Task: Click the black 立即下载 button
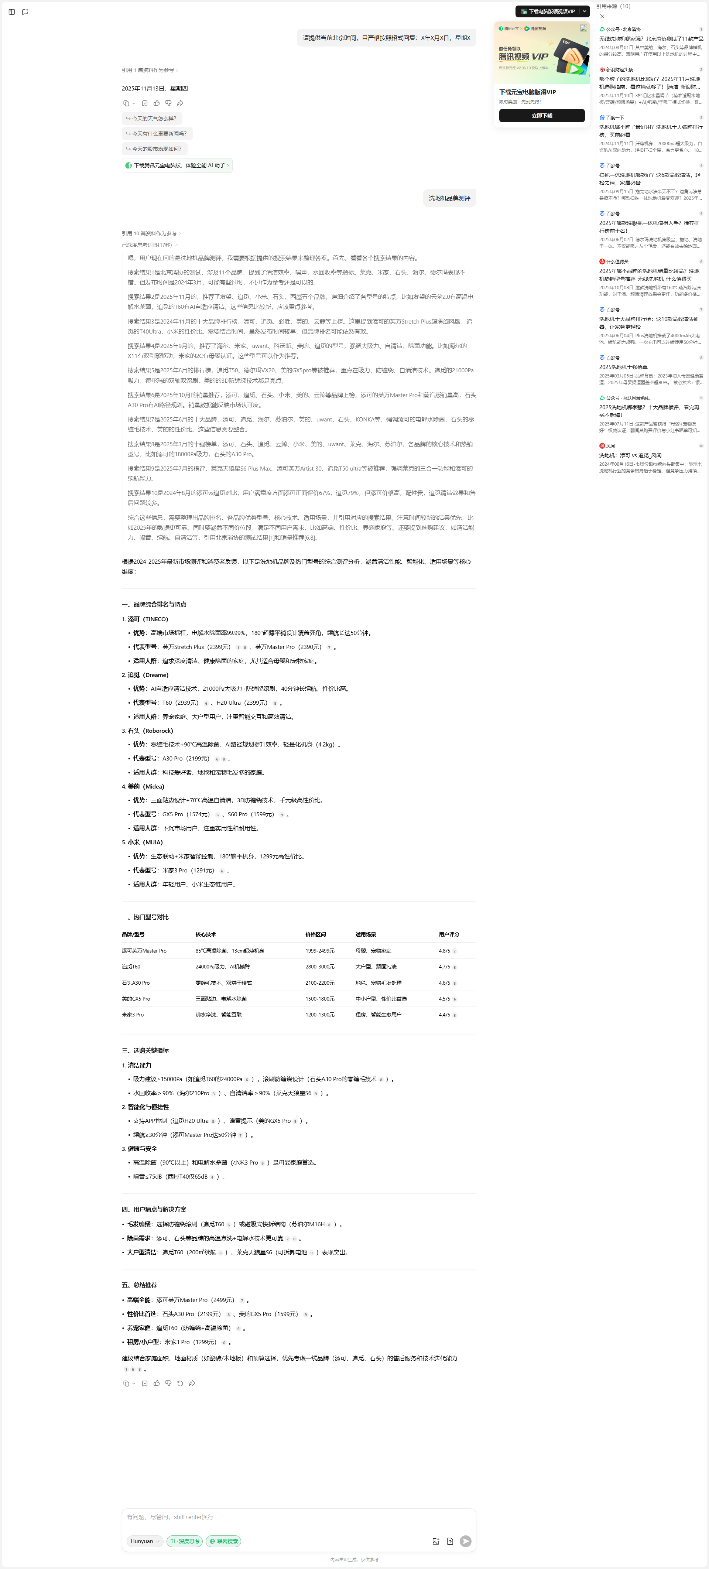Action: coord(541,116)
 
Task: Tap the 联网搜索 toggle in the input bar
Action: coord(223,1541)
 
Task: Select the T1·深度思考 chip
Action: coord(185,1541)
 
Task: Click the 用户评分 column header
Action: coord(449,934)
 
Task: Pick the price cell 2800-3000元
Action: coord(320,967)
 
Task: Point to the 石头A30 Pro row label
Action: coord(136,982)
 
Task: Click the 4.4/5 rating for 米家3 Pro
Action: coord(444,1015)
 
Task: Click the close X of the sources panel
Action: coord(602,17)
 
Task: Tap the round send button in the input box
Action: coord(465,1541)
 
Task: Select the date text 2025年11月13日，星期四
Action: coord(155,88)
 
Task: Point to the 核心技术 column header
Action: coord(206,934)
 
